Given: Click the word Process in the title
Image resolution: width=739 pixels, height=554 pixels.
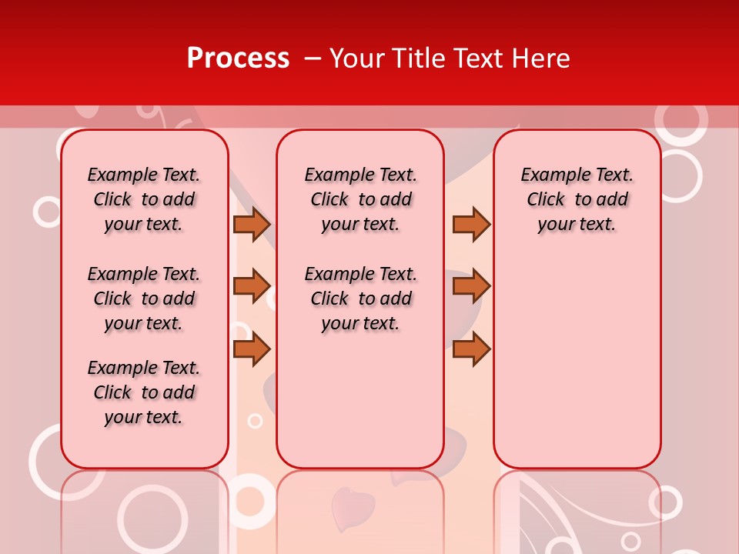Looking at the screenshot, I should [238, 58].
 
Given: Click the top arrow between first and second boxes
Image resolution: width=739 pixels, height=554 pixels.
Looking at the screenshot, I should [252, 225].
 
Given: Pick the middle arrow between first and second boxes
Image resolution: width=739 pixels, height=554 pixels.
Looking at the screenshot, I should [252, 286].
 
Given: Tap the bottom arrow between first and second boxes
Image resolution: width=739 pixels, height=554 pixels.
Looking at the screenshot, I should [252, 349].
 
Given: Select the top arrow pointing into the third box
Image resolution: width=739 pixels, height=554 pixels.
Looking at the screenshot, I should [471, 225].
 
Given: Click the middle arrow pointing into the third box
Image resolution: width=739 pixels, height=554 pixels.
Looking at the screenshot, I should [471, 286].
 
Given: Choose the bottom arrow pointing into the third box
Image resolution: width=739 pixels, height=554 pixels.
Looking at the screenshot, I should [471, 349].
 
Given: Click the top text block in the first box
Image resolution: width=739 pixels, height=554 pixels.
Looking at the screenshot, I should [144, 199].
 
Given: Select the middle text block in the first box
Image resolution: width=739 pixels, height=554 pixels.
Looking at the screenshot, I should [144, 299].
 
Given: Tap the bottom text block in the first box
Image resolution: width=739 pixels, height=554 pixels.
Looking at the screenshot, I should [144, 392].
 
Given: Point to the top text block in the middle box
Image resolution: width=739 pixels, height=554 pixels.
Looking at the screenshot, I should [360, 199].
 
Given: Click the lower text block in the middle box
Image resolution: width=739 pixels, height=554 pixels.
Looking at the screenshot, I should [360, 299].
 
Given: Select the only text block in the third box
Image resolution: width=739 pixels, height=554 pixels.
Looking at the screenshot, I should [577, 199].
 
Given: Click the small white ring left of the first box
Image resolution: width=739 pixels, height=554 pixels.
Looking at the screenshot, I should [47, 212].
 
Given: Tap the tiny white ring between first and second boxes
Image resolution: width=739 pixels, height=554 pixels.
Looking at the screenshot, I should [255, 420].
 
